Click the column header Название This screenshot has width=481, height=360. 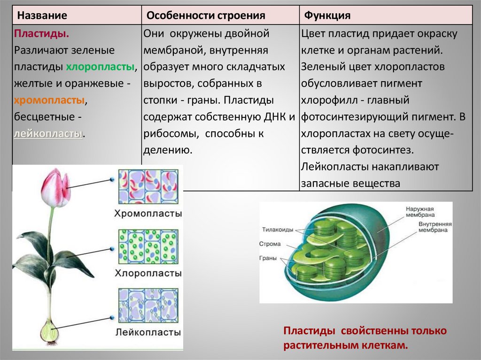[42, 15]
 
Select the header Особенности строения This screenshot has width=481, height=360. [206, 15]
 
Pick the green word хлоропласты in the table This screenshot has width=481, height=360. [100, 67]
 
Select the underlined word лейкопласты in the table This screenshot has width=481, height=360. [48, 134]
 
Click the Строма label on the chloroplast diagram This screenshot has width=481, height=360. [270, 244]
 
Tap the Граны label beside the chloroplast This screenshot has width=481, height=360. [267, 258]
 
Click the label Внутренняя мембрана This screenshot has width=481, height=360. [435, 227]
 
